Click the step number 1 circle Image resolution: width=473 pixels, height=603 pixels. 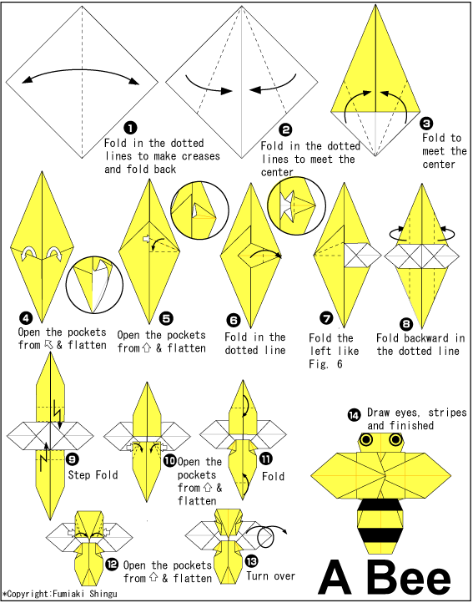pos(130,127)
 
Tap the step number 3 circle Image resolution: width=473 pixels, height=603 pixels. pos(426,124)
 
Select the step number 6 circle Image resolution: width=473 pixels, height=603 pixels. pos(234,320)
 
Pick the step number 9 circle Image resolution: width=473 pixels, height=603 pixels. pos(73,459)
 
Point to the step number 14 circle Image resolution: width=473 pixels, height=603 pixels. pos(354,415)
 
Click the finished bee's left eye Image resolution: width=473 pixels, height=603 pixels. pos(366,439)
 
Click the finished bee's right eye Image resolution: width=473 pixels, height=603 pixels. pos(395,438)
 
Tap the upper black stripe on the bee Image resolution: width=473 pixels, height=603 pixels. pos(380,505)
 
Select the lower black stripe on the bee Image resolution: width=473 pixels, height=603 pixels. pos(380,535)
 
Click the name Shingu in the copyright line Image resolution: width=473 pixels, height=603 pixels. pos(103,594)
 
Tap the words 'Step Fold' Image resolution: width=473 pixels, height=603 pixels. pos(93,475)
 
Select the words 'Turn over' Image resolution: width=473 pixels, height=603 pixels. pos(270,575)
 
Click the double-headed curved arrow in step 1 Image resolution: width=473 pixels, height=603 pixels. pos(81,70)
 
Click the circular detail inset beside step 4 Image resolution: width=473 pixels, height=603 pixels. pos(94,286)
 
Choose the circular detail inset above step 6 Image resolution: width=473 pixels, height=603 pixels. pos(297,205)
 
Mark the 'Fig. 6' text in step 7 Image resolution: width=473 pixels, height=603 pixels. pos(325,364)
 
